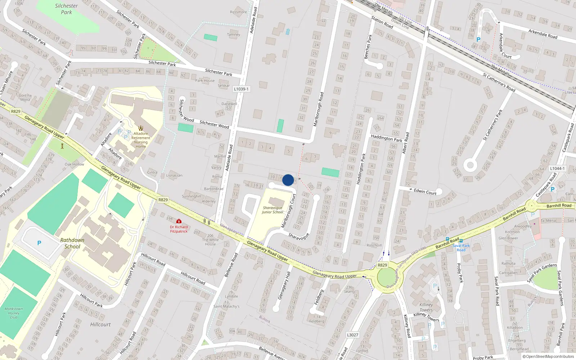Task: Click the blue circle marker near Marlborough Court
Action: (x=288, y=180)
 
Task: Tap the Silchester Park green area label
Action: (x=66, y=9)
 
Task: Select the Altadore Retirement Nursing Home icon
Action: (x=141, y=128)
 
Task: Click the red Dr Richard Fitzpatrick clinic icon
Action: (x=179, y=221)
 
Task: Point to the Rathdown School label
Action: (x=72, y=243)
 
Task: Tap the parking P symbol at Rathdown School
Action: (x=39, y=243)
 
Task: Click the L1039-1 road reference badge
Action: (x=241, y=89)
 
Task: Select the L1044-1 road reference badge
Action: (x=557, y=168)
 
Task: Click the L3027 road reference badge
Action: (x=352, y=335)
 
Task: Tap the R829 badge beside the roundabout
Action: (x=382, y=265)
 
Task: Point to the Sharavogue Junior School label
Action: (x=273, y=210)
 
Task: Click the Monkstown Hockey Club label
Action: (x=14, y=313)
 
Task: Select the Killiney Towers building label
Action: (x=426, y=307)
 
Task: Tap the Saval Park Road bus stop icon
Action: (x=461, y=240)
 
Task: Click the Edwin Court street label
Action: (x=425, y=192)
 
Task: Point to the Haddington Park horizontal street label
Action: (x=387, y=139)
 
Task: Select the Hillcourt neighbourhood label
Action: (x=100, y=324)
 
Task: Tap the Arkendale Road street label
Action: (x=543, y=34)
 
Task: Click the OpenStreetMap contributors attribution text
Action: (x=548, y=356)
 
